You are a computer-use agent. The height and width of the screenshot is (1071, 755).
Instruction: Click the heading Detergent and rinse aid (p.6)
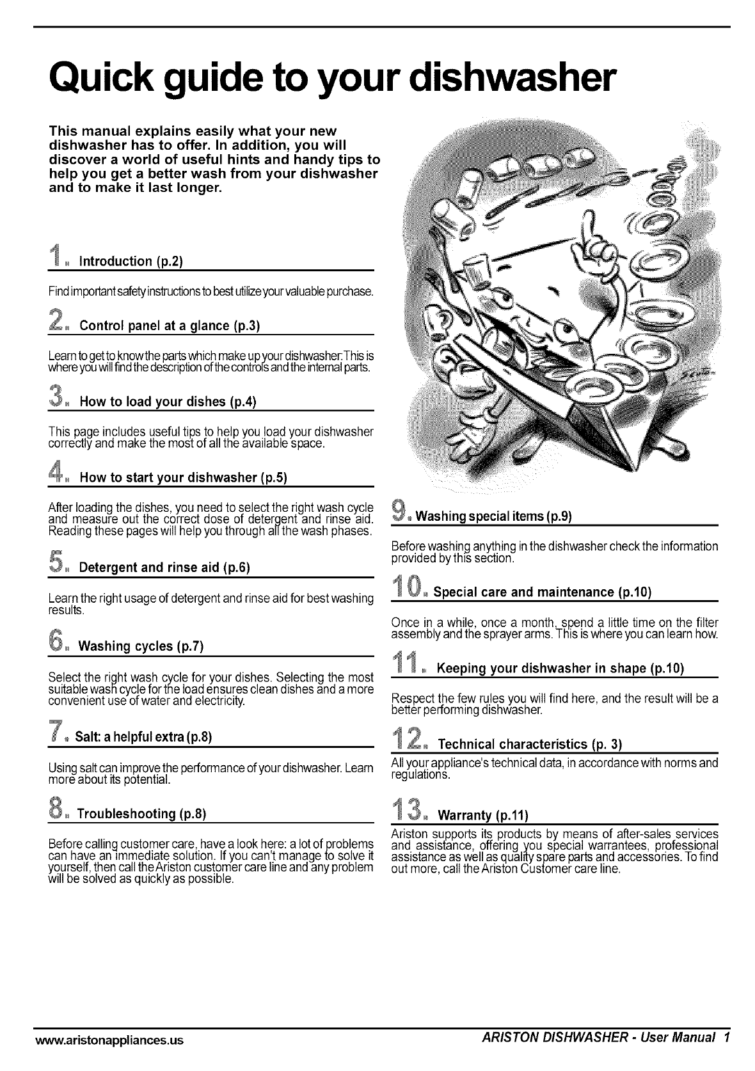pos(164,567)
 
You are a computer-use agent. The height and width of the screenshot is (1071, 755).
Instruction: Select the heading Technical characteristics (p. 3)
pos(530,744)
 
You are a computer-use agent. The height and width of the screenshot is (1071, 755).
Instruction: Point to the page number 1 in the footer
pos(727,1039)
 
